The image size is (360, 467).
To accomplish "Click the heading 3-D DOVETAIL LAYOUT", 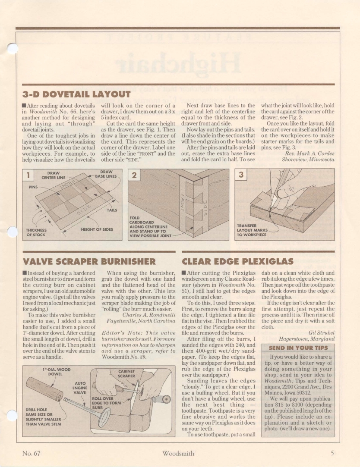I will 76,94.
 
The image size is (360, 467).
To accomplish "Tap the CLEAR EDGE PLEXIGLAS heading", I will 238,260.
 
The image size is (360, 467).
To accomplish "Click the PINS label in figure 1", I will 32,188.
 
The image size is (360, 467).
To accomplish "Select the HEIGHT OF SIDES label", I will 97,229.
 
